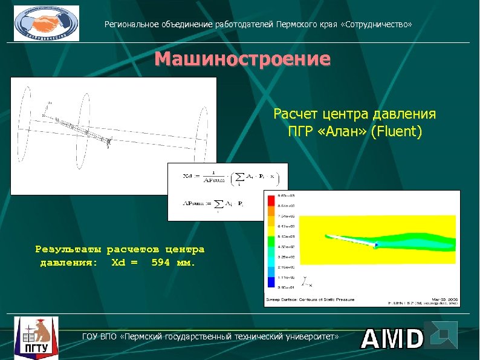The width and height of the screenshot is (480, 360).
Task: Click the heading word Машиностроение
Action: (242, 59)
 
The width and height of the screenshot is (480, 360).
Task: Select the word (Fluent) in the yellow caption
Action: (396, 131)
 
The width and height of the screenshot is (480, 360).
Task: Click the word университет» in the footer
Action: (310, 335)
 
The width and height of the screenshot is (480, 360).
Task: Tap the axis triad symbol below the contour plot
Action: (307, 281)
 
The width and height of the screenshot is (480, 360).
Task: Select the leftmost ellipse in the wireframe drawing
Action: (27, 125)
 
